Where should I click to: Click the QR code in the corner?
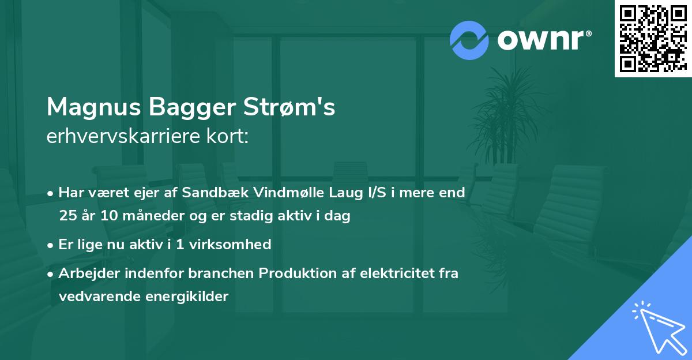pos(653,38)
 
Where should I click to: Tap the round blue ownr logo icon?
pos(469,40)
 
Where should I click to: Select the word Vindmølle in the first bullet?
pos(280,193)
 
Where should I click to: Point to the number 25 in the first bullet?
pos(68,216)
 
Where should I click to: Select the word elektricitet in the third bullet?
pos(391,273)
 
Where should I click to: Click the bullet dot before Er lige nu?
pos(51,245)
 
